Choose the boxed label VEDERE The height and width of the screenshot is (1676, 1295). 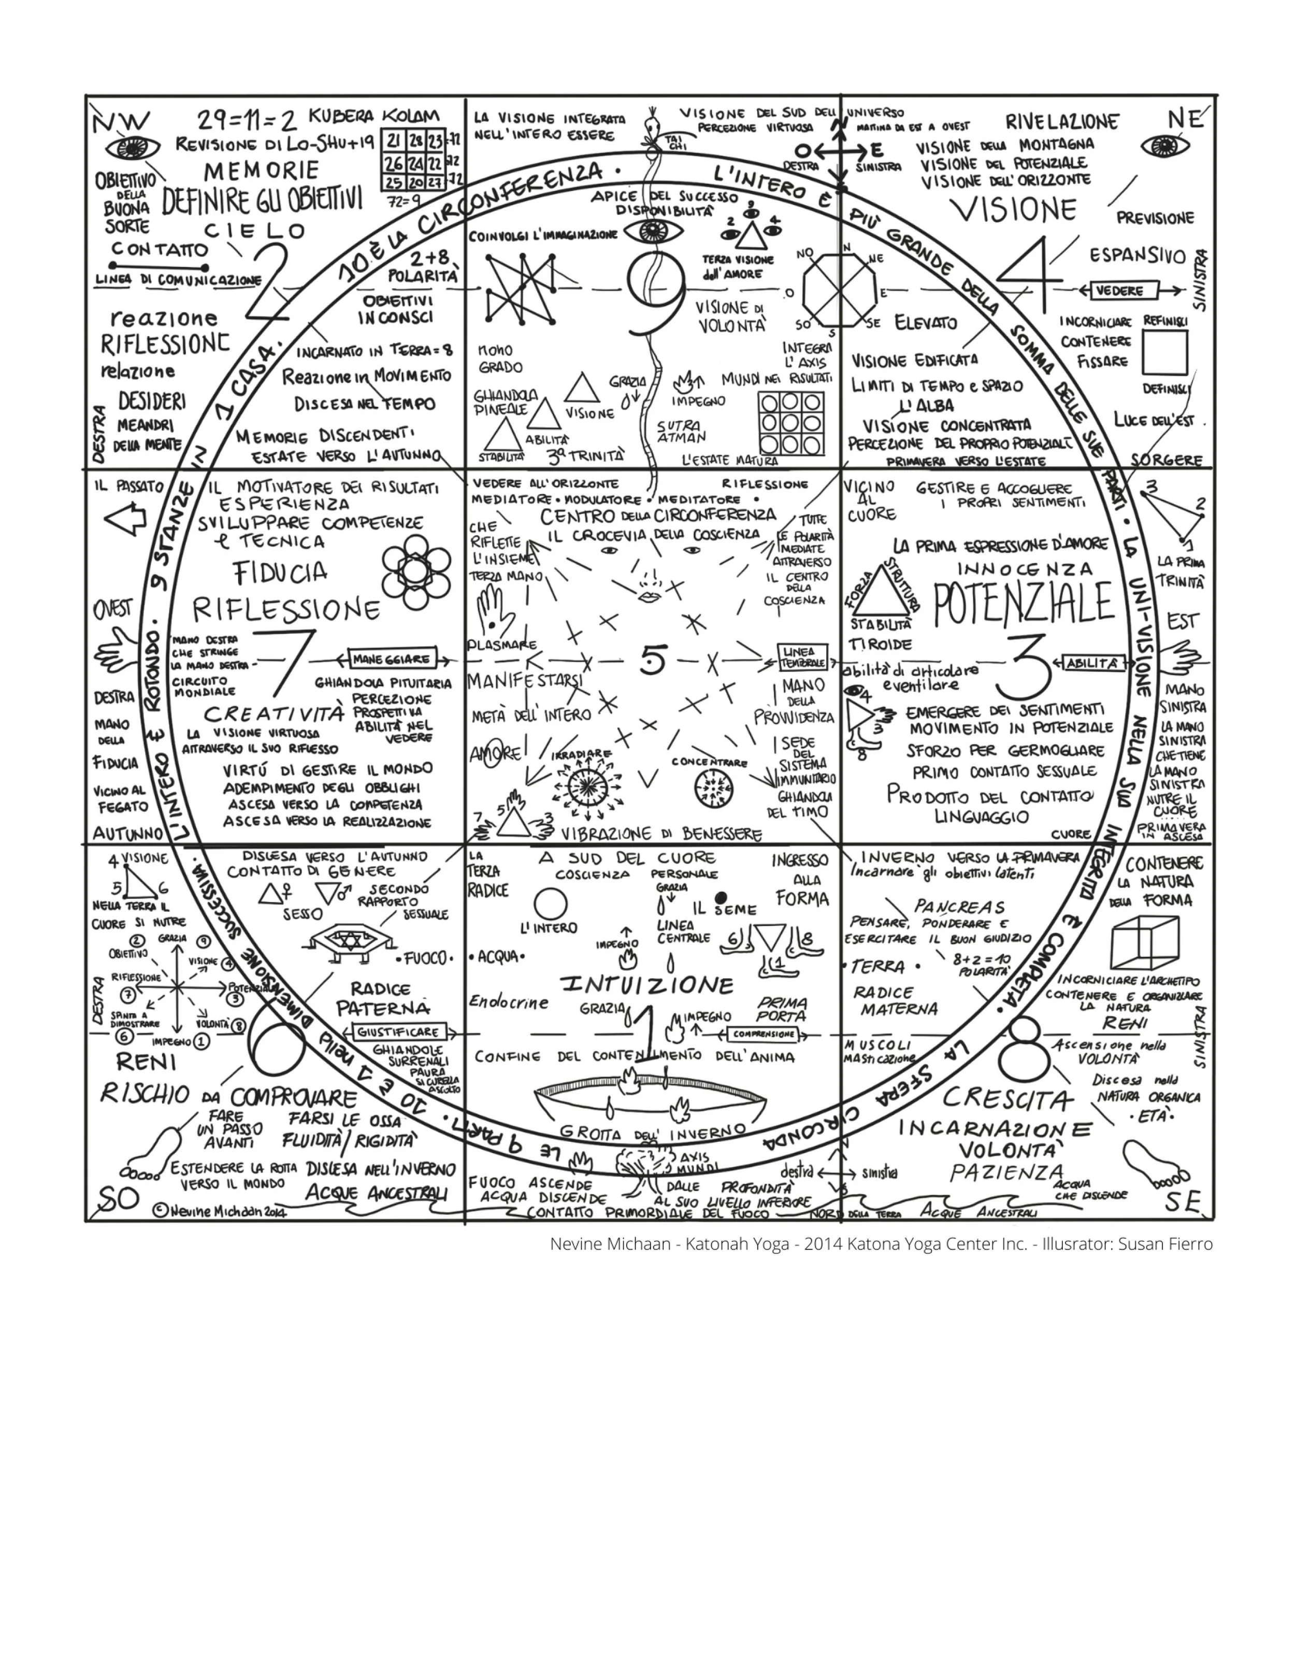pyautogui.click(x=1119, y=291)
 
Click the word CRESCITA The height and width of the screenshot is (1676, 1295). pyautogui.click(x=1008, y=1099)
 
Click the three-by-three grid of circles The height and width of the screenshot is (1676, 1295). pyautogui.click(x=791, y=423)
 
